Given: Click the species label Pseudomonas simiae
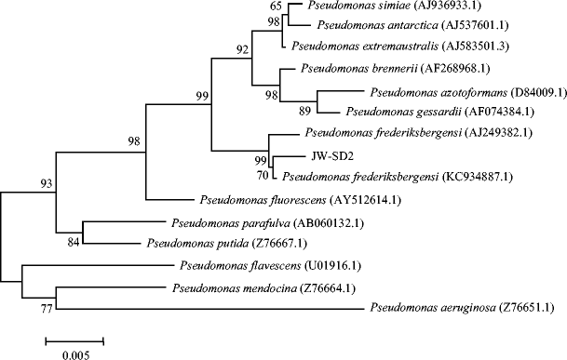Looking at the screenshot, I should point(353,7).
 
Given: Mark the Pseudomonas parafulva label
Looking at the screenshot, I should point(229,224).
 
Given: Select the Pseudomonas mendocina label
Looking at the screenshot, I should point(222,288).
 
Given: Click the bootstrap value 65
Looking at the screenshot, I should point(288,7).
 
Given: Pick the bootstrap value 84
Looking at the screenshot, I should point(74,244).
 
